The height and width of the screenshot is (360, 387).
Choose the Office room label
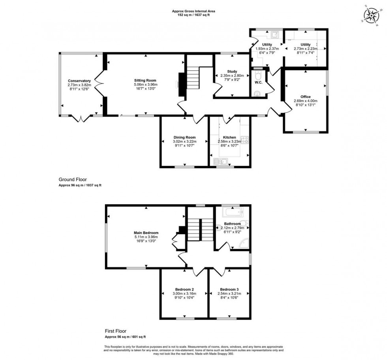(305, 96)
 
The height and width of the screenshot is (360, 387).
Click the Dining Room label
(184, 138)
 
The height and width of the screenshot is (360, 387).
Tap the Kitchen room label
(229, 138)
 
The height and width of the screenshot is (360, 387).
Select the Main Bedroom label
(146, 233)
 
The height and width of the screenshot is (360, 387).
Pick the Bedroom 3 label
(229, 289)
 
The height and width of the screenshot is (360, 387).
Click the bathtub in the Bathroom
(231, 213)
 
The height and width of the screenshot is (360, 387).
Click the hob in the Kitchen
(245, 139)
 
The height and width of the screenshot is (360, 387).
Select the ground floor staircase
(193, 78)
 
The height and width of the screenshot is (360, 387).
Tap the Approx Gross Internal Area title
(193, 11)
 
